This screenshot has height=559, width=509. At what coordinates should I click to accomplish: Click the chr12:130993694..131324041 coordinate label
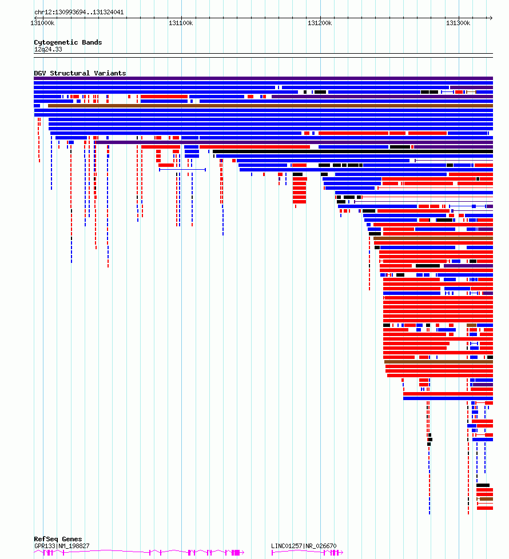79,12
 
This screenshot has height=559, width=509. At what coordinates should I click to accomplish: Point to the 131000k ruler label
42,23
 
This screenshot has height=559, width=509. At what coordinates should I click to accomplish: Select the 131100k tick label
181,23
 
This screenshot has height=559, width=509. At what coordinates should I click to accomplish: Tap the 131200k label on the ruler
320,23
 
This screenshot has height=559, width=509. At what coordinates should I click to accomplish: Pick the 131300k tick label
458,23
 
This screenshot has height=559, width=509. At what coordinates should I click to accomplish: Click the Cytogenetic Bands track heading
68,42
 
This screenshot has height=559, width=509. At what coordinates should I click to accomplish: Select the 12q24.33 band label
48,49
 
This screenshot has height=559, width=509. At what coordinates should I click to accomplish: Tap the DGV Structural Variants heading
80,73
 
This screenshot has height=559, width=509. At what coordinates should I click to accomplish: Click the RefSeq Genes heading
58,539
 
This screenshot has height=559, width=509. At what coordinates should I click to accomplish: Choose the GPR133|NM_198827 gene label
62,546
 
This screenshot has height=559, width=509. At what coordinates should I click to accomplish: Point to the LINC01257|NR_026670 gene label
304,546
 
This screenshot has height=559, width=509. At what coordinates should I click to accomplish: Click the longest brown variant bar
271,106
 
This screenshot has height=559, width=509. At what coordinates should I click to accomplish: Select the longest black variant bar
353,151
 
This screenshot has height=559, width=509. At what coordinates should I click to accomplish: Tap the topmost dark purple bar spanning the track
263,78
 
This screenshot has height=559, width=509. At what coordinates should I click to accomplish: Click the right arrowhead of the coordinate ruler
491,18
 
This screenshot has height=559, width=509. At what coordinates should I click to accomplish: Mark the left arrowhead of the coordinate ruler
35,18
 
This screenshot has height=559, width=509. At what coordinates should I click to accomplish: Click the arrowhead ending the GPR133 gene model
243,553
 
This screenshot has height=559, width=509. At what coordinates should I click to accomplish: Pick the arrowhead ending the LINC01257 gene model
341,553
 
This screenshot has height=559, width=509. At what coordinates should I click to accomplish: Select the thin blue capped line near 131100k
182,170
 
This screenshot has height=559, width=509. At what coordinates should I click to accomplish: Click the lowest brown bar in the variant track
486,499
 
